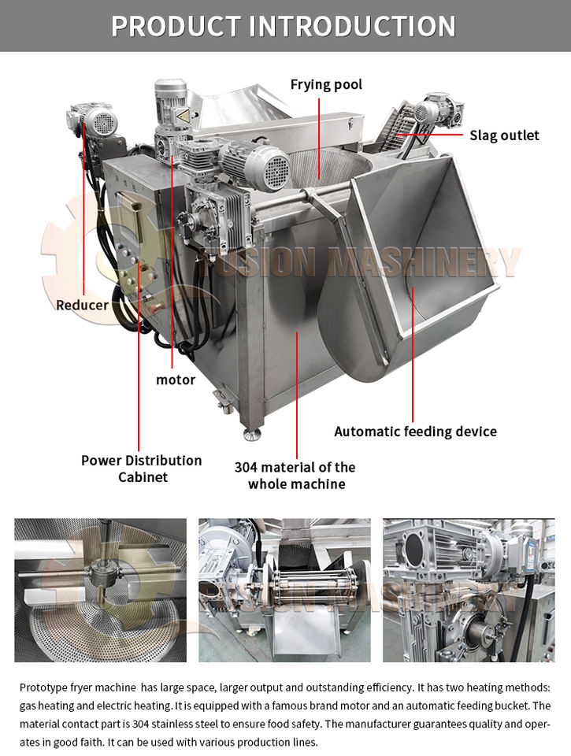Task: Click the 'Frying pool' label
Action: [326, 84]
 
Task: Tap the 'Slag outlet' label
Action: [504, 135]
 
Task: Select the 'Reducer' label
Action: [82, 304]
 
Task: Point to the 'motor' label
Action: [175, 380]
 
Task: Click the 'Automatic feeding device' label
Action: [415, 432]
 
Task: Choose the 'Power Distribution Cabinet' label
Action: [141, 469]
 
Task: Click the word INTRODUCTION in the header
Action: [352, 26]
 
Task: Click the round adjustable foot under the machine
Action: [251, 432]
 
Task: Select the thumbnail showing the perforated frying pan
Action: [100, 590]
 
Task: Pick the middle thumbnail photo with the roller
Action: [284, 590]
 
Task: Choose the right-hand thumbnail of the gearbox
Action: [468, 590]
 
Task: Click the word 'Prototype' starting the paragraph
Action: [46, 687]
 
